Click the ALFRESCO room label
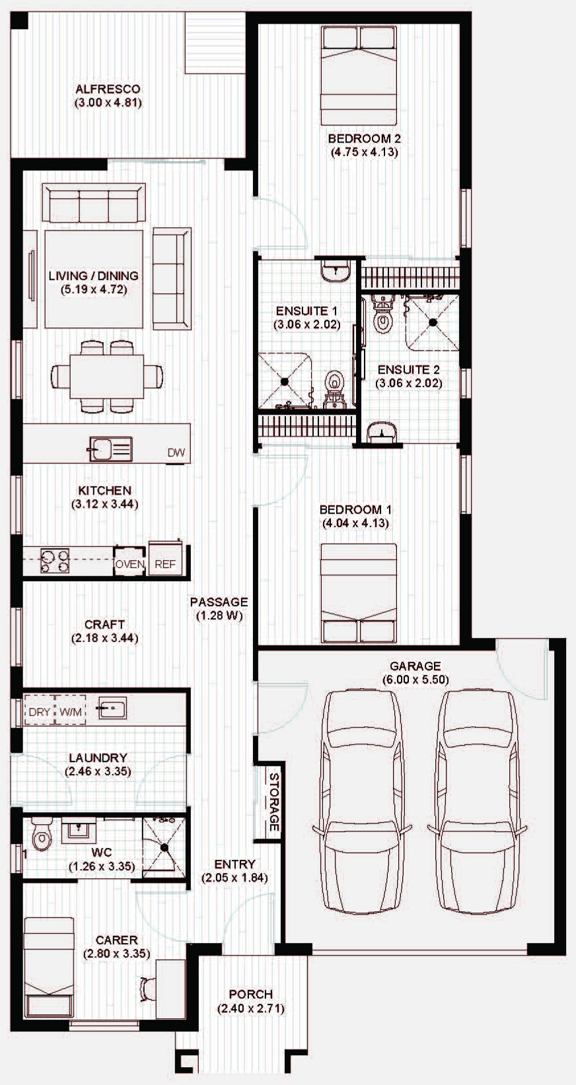[108, 89]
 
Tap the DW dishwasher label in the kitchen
[176, 452]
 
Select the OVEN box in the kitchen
[129, 561]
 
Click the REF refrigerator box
[165, 559]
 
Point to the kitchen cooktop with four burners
[54, 561]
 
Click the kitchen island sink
[110, 448]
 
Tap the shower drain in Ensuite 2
[433, 322]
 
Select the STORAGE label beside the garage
[273, 802]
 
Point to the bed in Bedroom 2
[359, 75]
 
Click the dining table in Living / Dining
[106, 376]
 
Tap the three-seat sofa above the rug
[94, 203]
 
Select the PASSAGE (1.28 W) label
[219, 608]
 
